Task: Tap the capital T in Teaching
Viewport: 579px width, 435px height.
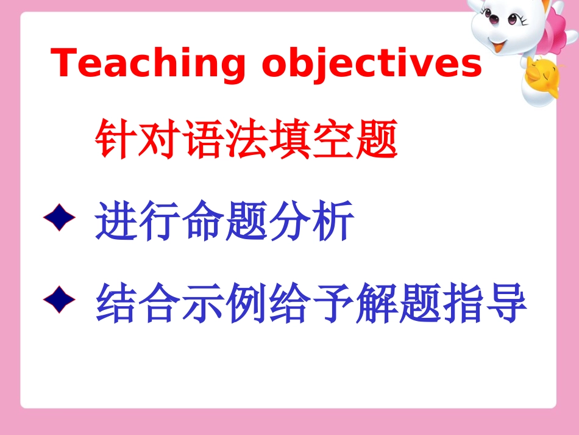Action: point(66,63)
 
